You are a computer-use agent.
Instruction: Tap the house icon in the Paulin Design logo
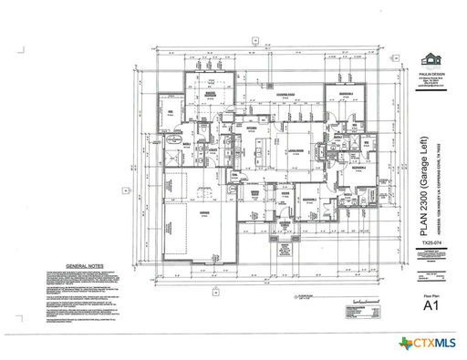(430, 55)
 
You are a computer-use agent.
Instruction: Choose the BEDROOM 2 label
(310, 198)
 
